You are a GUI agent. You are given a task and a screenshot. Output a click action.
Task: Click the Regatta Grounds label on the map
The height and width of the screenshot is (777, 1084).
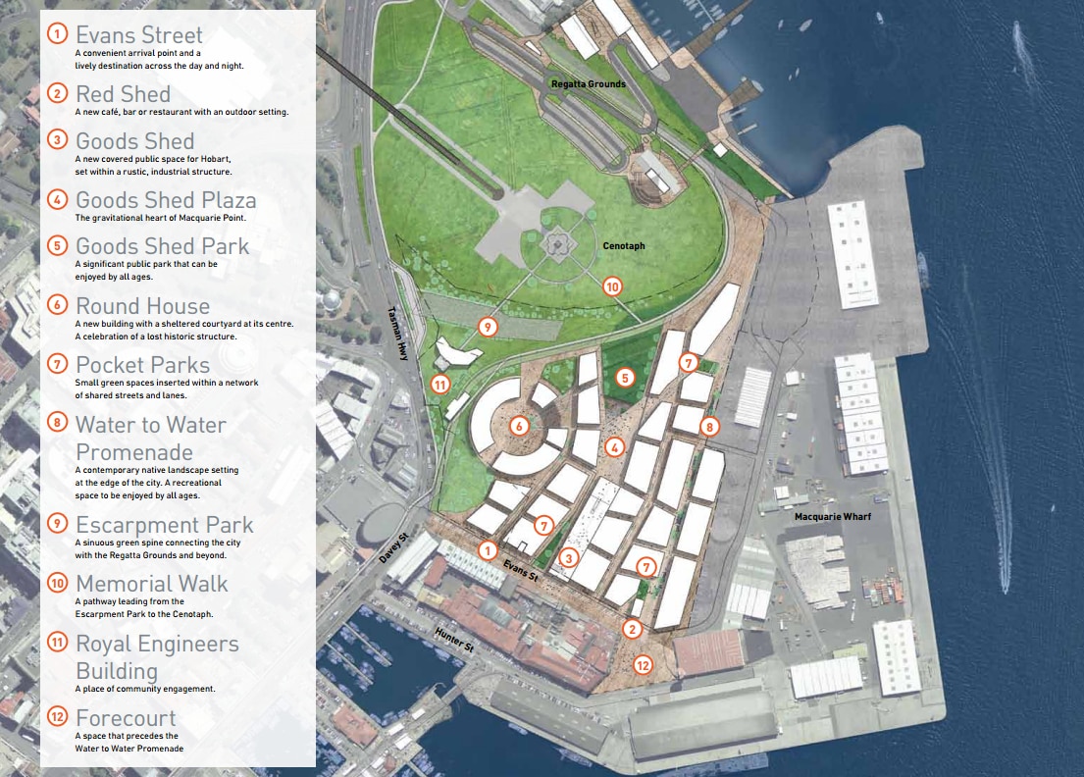pos(588,83)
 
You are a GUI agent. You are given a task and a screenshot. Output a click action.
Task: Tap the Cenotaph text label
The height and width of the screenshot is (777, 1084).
pos(624,245)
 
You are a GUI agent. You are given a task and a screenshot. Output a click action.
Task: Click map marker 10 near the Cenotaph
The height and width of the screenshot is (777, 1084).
pos(613,286)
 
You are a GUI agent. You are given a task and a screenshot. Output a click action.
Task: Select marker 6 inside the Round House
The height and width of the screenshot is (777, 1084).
pos(519,426)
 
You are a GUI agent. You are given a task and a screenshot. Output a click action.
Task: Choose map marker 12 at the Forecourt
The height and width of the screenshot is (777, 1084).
pos(643,664)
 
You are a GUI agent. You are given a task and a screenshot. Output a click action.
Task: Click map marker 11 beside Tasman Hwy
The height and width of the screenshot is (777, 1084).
pos(440,385)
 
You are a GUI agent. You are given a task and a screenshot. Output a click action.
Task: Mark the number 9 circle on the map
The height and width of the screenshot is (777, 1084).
pos(488,326)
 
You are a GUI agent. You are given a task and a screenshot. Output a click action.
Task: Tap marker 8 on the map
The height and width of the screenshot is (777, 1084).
pos(711,427)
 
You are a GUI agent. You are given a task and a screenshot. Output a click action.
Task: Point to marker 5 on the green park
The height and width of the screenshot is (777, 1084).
pos(625,377)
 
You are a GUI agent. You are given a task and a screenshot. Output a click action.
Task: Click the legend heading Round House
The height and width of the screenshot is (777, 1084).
pos(142,306)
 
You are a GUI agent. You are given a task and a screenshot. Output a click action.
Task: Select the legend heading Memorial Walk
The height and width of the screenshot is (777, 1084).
pos(151,584)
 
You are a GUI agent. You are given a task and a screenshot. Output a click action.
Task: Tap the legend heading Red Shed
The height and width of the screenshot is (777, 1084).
pos(123,94)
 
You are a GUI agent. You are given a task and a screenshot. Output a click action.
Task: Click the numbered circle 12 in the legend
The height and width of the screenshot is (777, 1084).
pos(59,717)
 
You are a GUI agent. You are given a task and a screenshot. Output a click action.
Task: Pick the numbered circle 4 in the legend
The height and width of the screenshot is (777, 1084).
pos(59,199)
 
